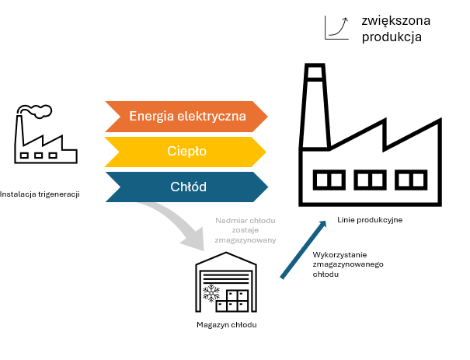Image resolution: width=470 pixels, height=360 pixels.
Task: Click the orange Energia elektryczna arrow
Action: coord(186,117)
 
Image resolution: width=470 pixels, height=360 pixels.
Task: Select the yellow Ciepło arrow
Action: coord(186,152)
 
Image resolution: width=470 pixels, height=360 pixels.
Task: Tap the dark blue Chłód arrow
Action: coord(186,187)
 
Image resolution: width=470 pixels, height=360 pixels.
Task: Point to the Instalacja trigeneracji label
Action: coord(40,194)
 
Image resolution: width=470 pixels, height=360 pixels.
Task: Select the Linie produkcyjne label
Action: coord(370,220)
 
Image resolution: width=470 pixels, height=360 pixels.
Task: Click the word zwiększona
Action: coord(395,19)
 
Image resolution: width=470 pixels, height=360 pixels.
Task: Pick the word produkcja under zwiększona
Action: coord(392,37)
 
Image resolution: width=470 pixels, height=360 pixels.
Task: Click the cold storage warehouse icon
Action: coord(226,285)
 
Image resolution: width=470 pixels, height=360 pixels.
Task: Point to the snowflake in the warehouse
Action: coord(211,294)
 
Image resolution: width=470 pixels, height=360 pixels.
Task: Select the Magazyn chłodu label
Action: coord(226,324)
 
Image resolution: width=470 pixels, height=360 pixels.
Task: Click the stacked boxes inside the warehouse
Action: coord(236,299)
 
